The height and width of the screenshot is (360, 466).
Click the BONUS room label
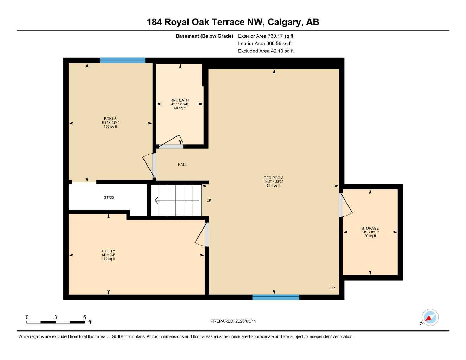pyautogui.click(x=110, y=119)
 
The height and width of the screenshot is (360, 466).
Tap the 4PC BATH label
pyautogui.click(x=180, y=100)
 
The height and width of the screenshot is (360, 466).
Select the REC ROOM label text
pyautogui.click(x=273, y=178)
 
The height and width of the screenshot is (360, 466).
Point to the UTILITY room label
pyautogui.click(x=108, y=251)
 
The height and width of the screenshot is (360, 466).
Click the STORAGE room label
pyautogui.click(x=370, y=228)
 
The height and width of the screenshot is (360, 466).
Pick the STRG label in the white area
pyautogui.click(x=109, y=198)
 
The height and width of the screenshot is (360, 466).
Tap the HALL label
pyautogui.click(x=182, y=165)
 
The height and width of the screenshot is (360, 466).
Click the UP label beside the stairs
pyautogui.click(x=209, y=201)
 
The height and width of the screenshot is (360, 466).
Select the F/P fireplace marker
pyautogui.click(x=332, y=288)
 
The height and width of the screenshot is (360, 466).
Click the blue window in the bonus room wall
pyautogui.click(x=122, y=60)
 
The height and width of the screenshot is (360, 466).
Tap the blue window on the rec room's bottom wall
pyautogui.click(x=275, y=297)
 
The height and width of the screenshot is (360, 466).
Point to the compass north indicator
pyautogui.click(x=429, y=318)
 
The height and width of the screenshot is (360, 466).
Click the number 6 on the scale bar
pyautogui.click(x=84, y=317)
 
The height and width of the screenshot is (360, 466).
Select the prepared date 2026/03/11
pyautogui.click(x=233, y=321)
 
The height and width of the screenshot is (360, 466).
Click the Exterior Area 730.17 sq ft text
pyautogui.click(x=266, y=36)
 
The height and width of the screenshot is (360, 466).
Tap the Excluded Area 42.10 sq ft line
pyautogui.click(x=266, y=51)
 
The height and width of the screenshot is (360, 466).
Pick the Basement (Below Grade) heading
pyautogui.click(x=204, y=36)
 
